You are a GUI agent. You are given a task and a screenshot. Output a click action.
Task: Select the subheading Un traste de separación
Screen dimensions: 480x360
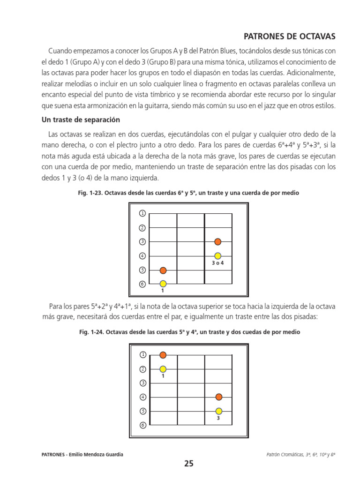click(81, 120)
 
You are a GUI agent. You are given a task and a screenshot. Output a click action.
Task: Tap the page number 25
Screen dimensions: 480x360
click(188, 464)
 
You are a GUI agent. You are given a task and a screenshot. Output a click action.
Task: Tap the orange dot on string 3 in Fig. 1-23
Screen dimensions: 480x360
click(218, 242)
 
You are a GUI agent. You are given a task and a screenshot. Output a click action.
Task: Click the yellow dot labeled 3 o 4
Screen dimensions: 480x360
click(218, 256)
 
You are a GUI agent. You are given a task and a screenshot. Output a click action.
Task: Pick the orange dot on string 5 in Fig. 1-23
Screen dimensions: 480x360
click(163, 270)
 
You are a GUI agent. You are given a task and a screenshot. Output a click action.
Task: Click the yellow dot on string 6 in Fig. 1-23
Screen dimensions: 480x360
click(163, 284)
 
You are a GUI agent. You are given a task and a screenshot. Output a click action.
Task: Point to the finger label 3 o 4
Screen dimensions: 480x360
click(218, 263)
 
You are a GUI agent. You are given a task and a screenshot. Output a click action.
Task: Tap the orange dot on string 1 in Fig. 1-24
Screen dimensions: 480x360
click(163, 355)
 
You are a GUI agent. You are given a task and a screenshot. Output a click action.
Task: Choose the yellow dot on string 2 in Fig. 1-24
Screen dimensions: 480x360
click(163, 369)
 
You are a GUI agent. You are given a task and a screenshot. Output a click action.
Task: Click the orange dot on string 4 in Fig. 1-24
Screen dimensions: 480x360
click(218, 397)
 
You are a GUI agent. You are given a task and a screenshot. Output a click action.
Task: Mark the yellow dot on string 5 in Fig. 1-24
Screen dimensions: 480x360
click(218, 411)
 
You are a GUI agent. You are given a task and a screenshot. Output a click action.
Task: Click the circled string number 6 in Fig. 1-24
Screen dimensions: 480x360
click(142, 425)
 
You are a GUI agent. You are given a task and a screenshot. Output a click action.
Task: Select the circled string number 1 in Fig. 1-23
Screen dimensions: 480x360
click(142, 214)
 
